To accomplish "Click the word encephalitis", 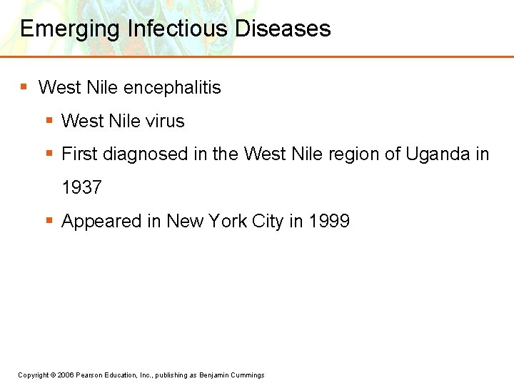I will coord(172,88).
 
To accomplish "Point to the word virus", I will coord(164,122).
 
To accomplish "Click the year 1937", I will coord(82,188).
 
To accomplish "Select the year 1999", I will coord(329,221).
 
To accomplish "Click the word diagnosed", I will coord(146,154).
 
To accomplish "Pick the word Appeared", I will coord(102,222).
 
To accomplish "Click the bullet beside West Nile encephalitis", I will coord(24,87).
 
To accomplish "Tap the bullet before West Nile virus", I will coord(49,121).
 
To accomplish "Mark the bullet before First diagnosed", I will coord(49,153).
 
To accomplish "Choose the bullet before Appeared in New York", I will coord(49,220).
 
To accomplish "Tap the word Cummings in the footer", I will coord(248,375).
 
